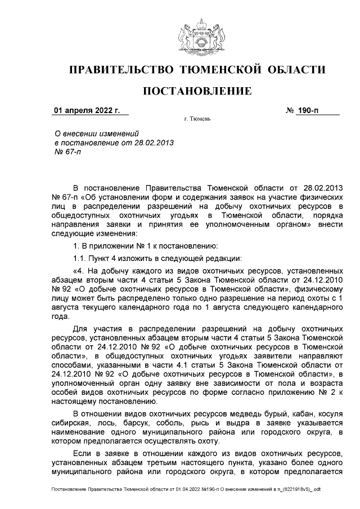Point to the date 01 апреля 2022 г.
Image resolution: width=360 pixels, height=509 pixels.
86,110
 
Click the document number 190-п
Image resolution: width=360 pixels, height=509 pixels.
308,110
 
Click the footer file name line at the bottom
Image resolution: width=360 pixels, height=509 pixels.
186,490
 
